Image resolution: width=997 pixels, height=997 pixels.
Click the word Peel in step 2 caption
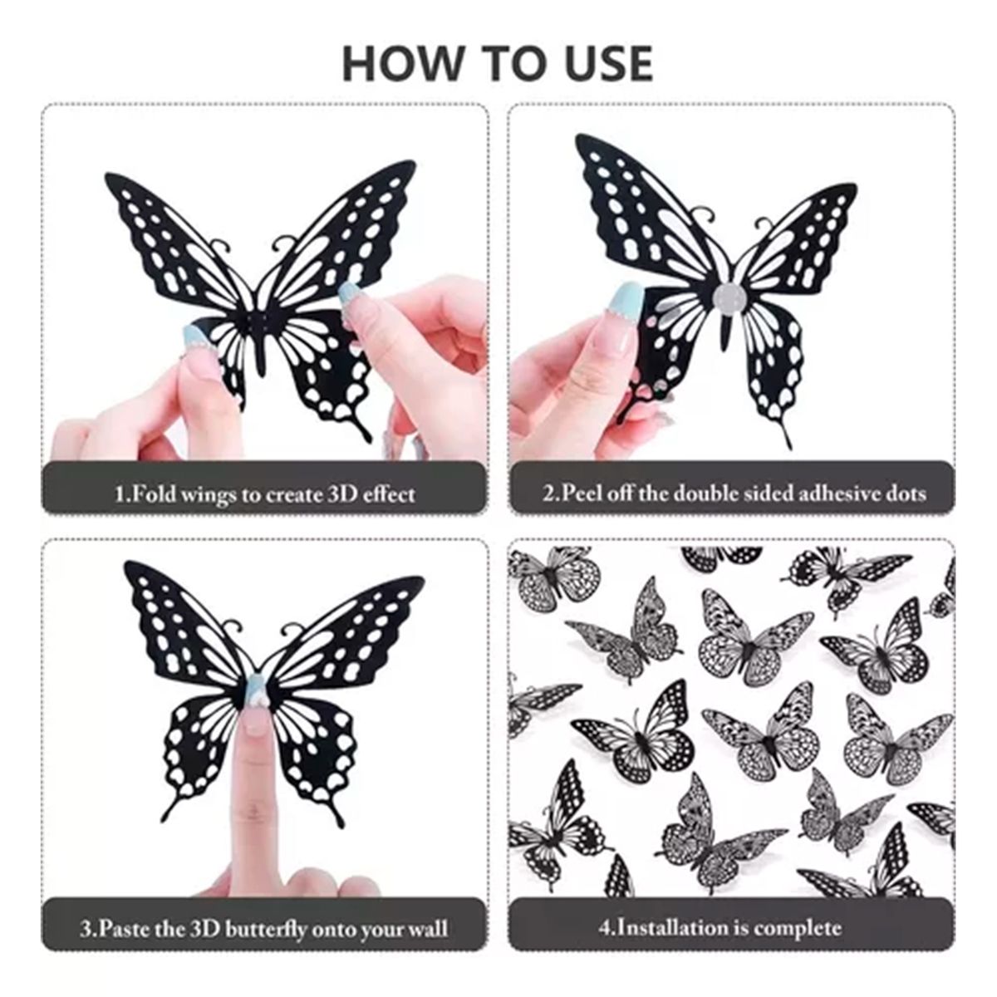[x=582, y=494]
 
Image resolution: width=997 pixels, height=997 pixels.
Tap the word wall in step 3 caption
[x=426, y=928]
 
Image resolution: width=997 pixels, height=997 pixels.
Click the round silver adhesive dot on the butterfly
[x=729, y=295]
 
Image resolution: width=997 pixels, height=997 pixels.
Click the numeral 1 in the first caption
[x=119, y=494]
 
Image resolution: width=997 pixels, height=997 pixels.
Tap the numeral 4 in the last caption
[x=604, y=927]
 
